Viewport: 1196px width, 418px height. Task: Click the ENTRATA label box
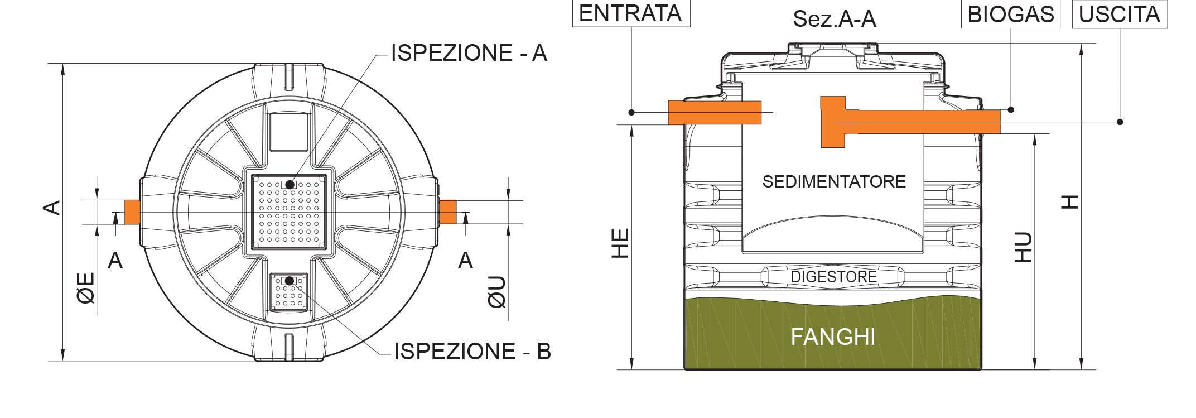click(631, 13)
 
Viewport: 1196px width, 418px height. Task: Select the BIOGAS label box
click(1010, 15)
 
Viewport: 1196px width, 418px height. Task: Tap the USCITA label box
click(1120, 15)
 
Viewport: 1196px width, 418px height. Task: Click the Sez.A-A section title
click(835, 19)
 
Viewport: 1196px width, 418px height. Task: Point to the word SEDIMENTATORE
click(834, 181)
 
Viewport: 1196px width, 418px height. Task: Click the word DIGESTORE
click(833, 277)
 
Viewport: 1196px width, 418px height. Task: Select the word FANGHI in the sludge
click(833, 337)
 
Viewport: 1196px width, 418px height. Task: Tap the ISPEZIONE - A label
click(469, 53)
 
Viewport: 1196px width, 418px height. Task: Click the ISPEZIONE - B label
click(472, 352)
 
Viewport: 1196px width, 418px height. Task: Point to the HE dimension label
click(620, 243)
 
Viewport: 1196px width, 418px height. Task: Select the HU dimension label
click(1023, 247)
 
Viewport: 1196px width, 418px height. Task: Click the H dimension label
click(1069, 201)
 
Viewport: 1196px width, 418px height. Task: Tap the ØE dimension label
click(86, 288)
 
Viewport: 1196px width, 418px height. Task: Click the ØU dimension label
click(496, 292)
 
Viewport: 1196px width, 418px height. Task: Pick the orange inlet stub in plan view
click(132, 212)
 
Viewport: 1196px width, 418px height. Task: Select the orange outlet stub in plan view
click(448, 212)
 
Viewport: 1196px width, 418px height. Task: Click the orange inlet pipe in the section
click(715, 113)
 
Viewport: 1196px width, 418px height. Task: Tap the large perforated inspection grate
click(289, 212)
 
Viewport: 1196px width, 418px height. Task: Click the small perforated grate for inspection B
click(289, 292)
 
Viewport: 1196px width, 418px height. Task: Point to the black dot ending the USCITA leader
click(1120, 122)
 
